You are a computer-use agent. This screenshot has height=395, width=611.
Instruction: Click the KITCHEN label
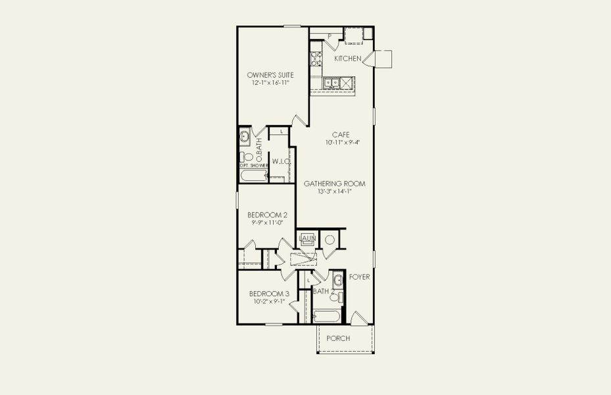(347, 59)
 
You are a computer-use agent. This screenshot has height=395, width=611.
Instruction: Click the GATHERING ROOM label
(334, 184)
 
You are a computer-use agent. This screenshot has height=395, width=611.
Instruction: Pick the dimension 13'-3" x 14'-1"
(334, 192)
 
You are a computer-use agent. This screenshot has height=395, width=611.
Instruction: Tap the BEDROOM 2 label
(267, 215)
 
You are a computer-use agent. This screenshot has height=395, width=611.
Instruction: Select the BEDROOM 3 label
(268, 294)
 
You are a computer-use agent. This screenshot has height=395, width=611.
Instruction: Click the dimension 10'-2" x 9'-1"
(268, 302)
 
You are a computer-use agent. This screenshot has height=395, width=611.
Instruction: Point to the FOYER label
(359, 277)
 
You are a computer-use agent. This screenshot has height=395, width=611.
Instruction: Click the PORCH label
(338, 338)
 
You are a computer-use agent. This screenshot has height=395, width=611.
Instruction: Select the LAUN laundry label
(308, 238)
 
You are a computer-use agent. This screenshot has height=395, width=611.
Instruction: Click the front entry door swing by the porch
(360, 319)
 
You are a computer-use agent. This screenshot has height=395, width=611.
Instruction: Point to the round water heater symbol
(330, 239)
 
